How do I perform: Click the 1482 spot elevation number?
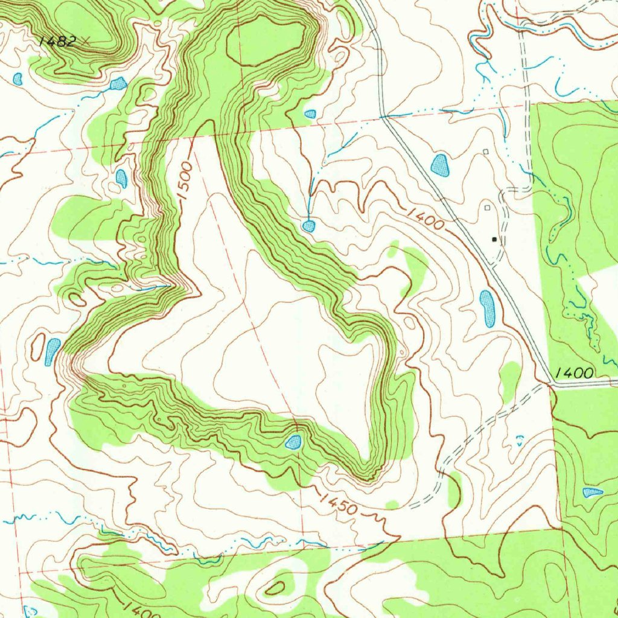point(57,41)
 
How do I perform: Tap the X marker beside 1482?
point(87,41)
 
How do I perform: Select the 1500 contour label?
point(185,180)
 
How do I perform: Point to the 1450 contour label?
point(339,505)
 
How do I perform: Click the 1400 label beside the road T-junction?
point(575,372)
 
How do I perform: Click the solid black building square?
point(495,240)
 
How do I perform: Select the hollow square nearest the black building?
point(488,208)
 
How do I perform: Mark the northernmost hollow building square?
point(486,151)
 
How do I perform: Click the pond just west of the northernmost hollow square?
point(440,165)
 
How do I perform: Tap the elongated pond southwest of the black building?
point(487,308)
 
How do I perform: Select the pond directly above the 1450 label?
point(293,442)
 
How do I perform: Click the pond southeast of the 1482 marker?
point(118,84)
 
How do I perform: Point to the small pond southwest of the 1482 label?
point(18,78)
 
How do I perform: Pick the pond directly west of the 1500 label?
point(121,178)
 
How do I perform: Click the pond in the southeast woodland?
point(592,492)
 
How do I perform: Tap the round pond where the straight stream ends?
point(308,226)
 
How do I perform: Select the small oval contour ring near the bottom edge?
point(276,587)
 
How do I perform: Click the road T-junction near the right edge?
point(550,384)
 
